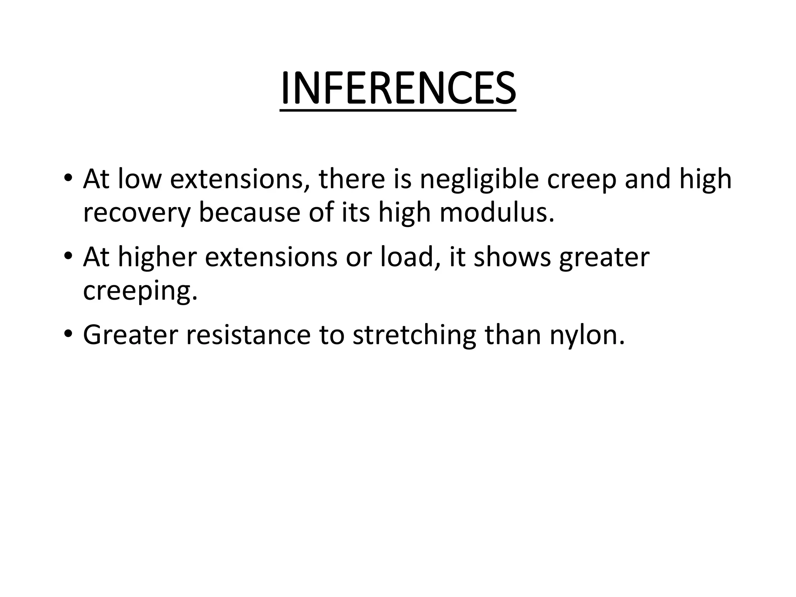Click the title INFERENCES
[398, 88]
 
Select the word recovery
[137, 213]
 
